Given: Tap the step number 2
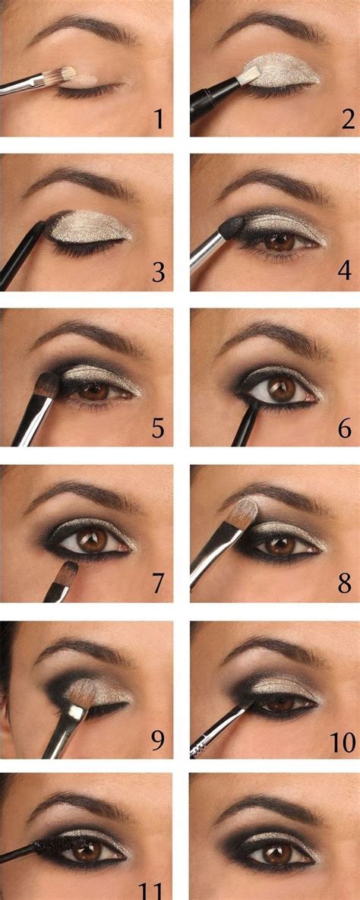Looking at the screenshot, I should pyautogui.click(x=347, y=118).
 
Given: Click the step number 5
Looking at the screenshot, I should pyautogui.click(x=157, y=428).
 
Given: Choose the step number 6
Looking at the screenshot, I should pyautogui.click(x=346, y=429).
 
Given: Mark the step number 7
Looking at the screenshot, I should pyautogui.click(x=157, y=584).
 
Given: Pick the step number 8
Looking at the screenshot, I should pyautogui.click(x=346, y=584).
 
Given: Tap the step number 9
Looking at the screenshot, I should pyautogui.click(x=157, y=739).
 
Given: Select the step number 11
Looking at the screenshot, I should pyautogui.click(x=153, y=890).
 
